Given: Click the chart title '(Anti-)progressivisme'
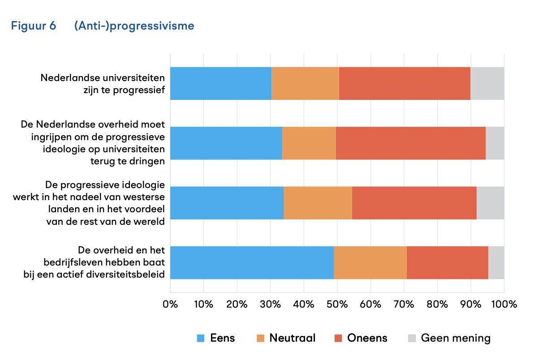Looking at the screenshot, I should coord(134,26).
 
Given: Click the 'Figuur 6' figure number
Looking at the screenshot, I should coord(40,26).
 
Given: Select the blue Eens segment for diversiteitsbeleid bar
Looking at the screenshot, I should coord(252,262).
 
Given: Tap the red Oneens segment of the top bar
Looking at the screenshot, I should coord(405,83).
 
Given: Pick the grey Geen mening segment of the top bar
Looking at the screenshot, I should coord(487,83).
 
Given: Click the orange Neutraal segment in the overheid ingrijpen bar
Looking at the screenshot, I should coord(309,143).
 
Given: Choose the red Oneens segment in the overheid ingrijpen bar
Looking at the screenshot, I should coord(410,143).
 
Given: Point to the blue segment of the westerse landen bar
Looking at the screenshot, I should coord(227,203).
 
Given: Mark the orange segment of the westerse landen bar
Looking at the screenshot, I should coord(318,203).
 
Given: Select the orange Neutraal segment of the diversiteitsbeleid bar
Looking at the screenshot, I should coord(370,262).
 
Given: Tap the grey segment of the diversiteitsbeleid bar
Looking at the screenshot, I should coord(496,262).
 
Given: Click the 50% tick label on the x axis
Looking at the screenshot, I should coord(337,304).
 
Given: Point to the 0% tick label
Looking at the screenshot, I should coord(170,304).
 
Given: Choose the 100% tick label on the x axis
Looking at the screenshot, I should coord(504,304).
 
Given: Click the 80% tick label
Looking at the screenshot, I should coord(437,304).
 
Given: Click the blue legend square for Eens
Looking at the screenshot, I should coord(201,338).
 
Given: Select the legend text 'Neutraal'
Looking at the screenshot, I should coord(292,338).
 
